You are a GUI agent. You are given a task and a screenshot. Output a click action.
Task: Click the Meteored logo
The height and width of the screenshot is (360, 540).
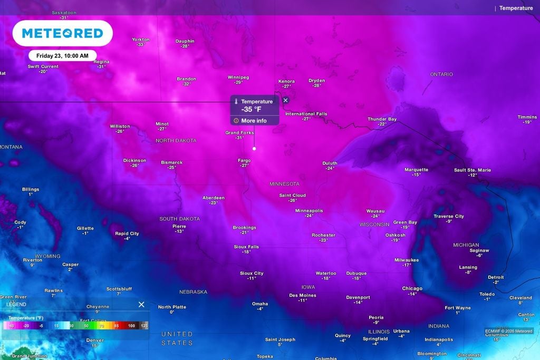[x=62, y=34]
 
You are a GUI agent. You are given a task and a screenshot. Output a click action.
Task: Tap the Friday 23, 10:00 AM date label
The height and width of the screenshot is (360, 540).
[x=62, y=55]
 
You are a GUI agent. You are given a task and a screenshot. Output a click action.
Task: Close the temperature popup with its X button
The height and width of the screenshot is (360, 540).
[x=286, y=100]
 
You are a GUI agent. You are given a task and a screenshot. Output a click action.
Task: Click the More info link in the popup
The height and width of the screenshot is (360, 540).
[x=254, y=121]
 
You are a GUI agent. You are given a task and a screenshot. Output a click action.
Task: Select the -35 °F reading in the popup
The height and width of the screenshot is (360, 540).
[x=251, y=110]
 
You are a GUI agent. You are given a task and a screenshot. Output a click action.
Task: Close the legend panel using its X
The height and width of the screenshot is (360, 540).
[x=141, y=305]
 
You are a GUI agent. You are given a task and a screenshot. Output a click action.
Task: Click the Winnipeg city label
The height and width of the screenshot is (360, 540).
[x=238, y=77]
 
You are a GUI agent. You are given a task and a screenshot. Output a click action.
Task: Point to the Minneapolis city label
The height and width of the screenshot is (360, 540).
[x=309, y=210]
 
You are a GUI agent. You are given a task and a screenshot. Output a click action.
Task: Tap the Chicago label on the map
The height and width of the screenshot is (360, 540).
[x=412, y=288]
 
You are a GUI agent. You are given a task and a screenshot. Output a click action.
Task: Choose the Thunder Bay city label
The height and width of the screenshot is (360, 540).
[x=382, y=119]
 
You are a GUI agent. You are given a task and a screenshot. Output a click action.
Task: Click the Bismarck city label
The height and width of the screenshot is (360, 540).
[x=172, y=162]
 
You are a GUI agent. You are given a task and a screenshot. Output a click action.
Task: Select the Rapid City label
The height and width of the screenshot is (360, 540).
[x=127, y=233]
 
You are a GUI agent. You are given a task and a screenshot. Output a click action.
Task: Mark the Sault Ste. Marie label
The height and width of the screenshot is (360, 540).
[x=472, y=170]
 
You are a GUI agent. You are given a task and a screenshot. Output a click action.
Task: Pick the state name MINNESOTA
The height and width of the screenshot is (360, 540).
[x=284, y=184]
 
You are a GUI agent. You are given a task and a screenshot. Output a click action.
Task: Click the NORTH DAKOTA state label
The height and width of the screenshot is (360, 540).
[x=176, y=141]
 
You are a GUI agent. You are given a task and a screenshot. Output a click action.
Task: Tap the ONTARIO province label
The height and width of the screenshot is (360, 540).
[x=441, y=74]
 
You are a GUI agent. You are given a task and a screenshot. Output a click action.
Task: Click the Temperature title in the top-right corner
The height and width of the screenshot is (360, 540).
[x=516, y=8]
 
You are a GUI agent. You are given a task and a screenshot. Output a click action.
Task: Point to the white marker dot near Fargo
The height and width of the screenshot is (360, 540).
[x=254, y=149]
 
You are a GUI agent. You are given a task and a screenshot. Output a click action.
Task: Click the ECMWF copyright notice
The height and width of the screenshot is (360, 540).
[x=509, y=331]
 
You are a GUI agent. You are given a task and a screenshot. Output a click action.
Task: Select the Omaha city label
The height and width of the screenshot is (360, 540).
[x=259, y=304]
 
